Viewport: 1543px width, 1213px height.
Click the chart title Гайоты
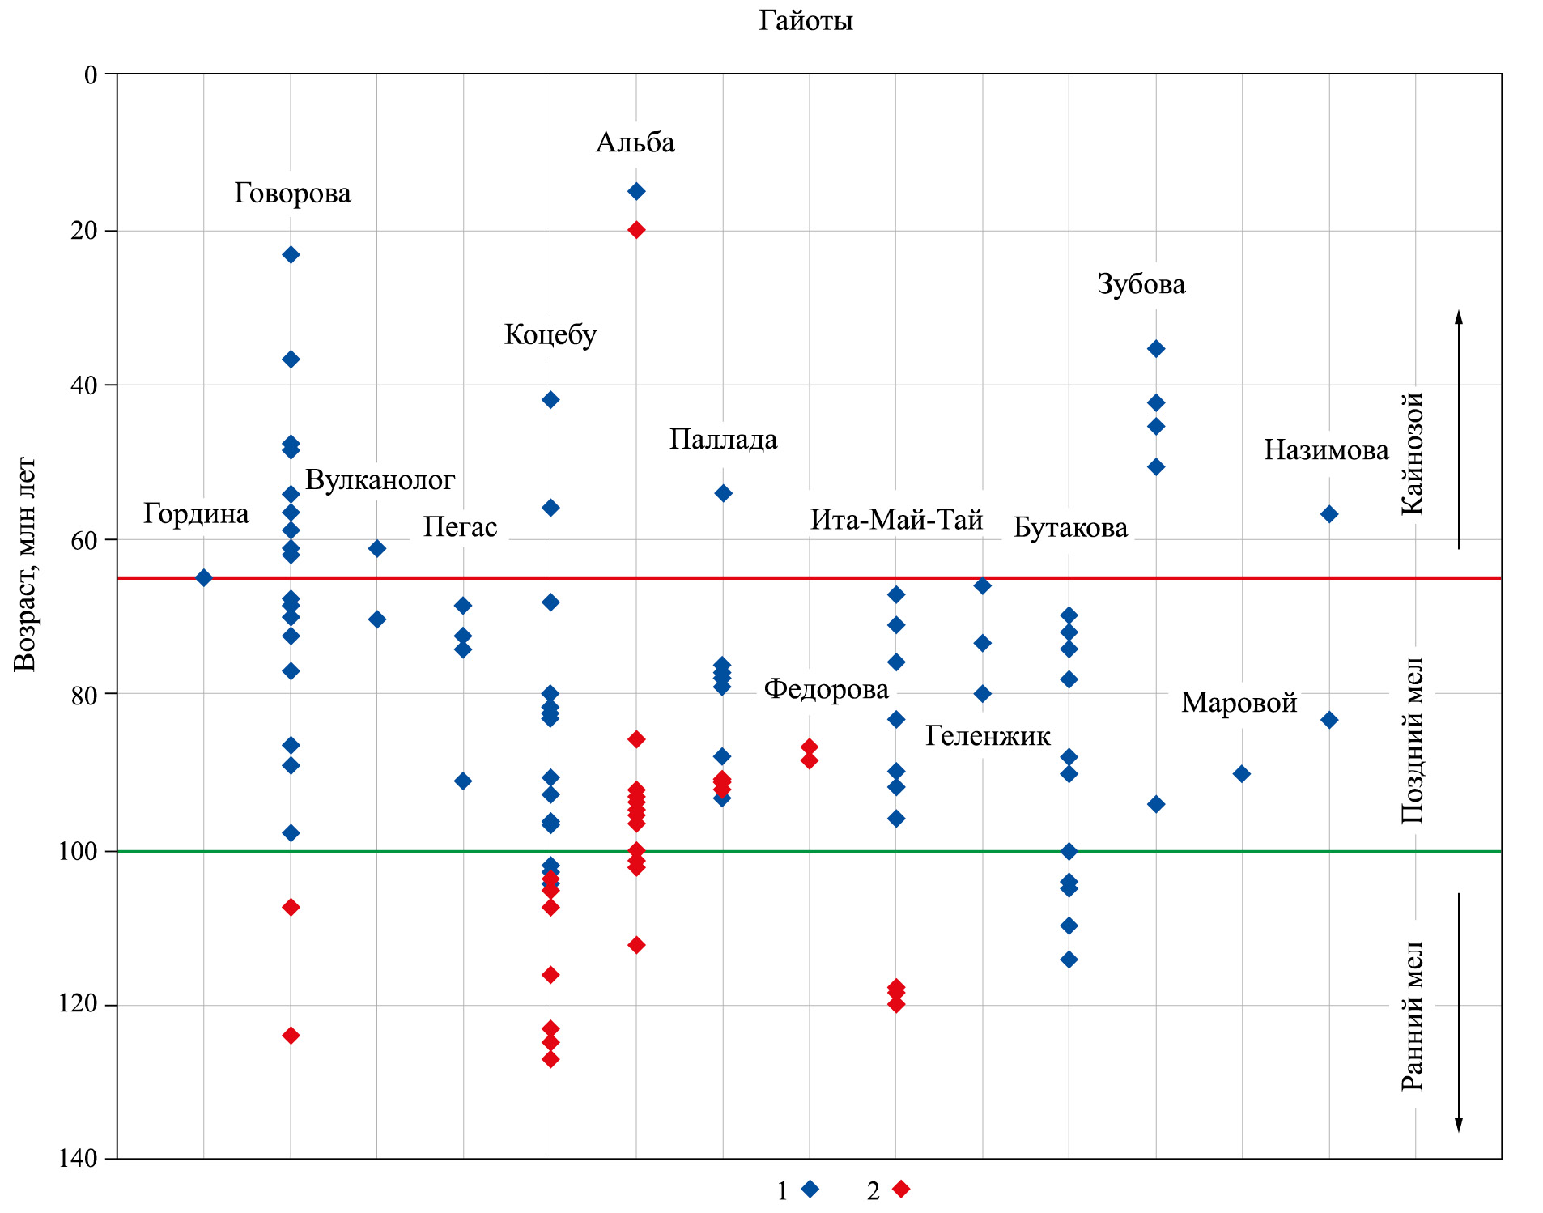pos(806,20)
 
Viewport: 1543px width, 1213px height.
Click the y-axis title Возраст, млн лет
pos(25,564)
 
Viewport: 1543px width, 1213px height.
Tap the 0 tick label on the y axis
pos(91,74)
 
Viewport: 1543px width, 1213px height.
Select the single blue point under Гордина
pos(204,577)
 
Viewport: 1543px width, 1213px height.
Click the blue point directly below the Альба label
pos(636,191)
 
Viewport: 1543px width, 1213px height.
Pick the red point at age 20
pos(636,230)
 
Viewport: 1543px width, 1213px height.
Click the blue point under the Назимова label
pos(1328,514)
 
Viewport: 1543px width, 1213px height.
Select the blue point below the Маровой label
pos(1241,774)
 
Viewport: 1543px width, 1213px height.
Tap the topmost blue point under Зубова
pos(1156,349)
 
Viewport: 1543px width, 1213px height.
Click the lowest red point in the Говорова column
pos(291,1035)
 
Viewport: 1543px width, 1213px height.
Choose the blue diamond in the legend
pos(810,1189)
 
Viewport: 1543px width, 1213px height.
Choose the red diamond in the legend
pos(900,1189)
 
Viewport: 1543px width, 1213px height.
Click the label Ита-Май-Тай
pos(896,519)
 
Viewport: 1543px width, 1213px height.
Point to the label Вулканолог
pos(380,479)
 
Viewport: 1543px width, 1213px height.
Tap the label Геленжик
pos(988,735)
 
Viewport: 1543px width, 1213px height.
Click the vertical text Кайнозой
pos(1413,453)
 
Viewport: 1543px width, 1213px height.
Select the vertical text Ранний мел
pos(1413,1015)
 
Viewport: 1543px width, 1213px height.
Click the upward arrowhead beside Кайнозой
pos(1459,316)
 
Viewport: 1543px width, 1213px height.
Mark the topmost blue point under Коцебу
pos(550,399)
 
